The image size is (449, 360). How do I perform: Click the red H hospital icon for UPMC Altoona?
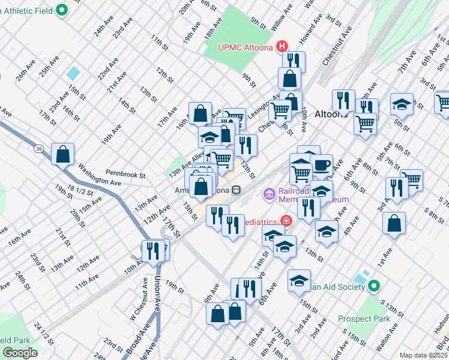pyautogui.click(x=282, y=47)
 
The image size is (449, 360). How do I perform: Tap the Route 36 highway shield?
pyautogui.click(x=38, y=148)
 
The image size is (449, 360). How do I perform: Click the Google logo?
pyautogui.click(x=20, y=353)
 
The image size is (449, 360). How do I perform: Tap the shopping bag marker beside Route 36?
pyautogui.click(x=62, y=154)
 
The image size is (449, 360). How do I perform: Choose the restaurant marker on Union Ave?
pyautogui.click(x=153, y=250)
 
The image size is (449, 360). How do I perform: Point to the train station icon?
pyautogui.click(x=237, y=190)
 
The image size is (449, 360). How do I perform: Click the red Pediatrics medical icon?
pyautogui.click(x=287, y=221)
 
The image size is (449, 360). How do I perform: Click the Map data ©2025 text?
pyautogui.click(x=423, y=355)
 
